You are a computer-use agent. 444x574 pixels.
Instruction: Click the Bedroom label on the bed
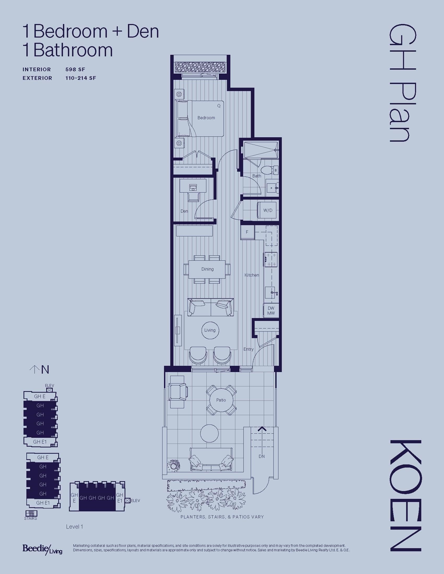pyautogui.click(x=206, y=118)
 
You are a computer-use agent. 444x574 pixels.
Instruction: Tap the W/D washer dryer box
pyautogui.click(x=268, y=210)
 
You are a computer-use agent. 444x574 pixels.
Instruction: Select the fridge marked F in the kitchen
pyautogui.click(x=247, y=232)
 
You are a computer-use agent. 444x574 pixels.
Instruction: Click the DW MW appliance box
pyautogui.click(x=271, y=311)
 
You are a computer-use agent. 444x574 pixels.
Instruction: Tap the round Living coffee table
pyautogui.click(x=210, y=330)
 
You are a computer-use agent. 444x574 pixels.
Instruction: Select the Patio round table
pyautogui.click(x=221, y=400)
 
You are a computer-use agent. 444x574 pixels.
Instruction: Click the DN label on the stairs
pyautogui.click(x=261, y=456)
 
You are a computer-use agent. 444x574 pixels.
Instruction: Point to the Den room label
pyautogui.click(x=184, y=211)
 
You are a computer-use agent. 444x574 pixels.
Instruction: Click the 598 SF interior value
pyautogui.click(x=75, y=69)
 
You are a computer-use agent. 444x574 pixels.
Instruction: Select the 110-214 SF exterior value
pyautogui.click(x=81, y=78)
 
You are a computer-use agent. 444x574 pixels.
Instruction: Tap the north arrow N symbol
pyautogui.click(x=39, y=370)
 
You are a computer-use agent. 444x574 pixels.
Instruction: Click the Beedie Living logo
pyautogui.click(x=42, y=549)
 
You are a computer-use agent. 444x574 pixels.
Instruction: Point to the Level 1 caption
pyautogui.click(x=74, y=527)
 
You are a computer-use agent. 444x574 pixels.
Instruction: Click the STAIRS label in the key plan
pyautogui.click(x=31, y=518)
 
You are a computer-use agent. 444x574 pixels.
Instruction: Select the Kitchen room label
pyautogui.click(x=252, y=275)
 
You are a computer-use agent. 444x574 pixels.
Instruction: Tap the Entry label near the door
pyautogui.click(x=248, y=349)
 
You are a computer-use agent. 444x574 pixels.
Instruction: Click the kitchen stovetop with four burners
pyautogui.click(x=271, y=260)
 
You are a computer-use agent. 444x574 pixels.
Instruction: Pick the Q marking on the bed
pyautogui.click(x=219, y=106)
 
